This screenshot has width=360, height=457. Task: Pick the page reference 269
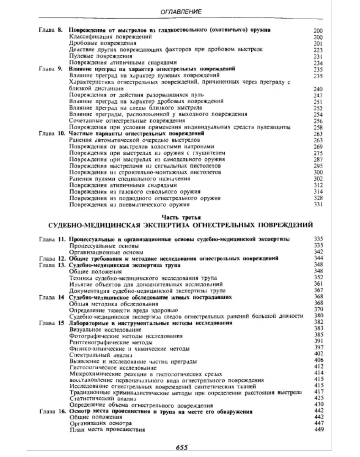318,146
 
